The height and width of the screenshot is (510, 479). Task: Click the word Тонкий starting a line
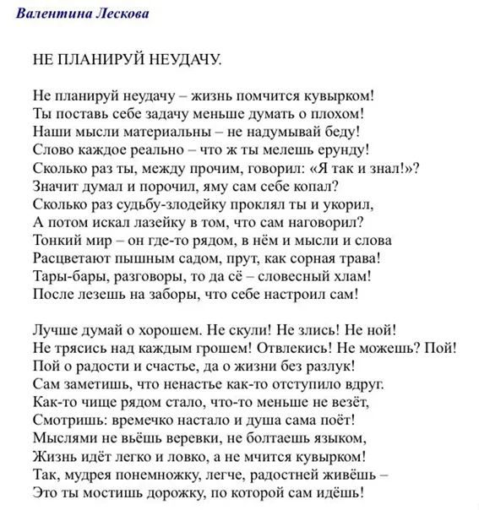(57, 241)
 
